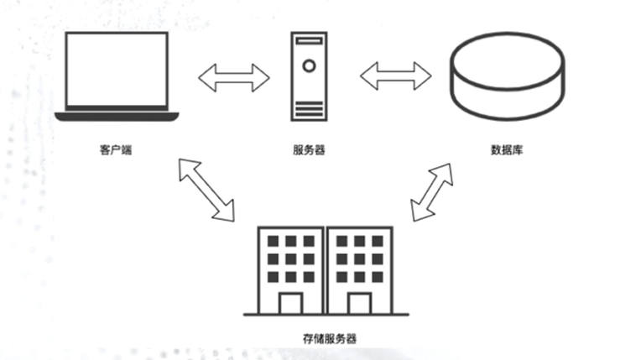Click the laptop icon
pos(117,76)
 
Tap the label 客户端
pos(117,151)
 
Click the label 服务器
pos(309,151)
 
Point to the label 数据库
pos(508,151)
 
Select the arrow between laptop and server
pos(233,77)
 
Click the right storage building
pos(358,269)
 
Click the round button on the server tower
pos(310,65)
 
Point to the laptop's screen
pos(117,69)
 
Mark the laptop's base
pos(117,116)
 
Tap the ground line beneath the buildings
pos(326,315)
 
